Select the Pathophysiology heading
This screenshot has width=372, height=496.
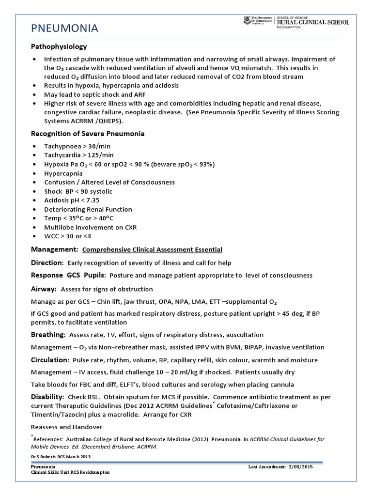coord(59,46)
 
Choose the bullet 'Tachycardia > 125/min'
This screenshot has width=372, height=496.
coord(78,155)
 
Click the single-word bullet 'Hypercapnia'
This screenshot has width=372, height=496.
coord(63,173)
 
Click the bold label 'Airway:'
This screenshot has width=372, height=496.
coord(44,289)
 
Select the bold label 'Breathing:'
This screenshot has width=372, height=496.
coord(48,335)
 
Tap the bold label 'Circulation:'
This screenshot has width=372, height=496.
coord(50,360)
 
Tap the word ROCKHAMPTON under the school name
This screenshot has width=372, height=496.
coord(290,28)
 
